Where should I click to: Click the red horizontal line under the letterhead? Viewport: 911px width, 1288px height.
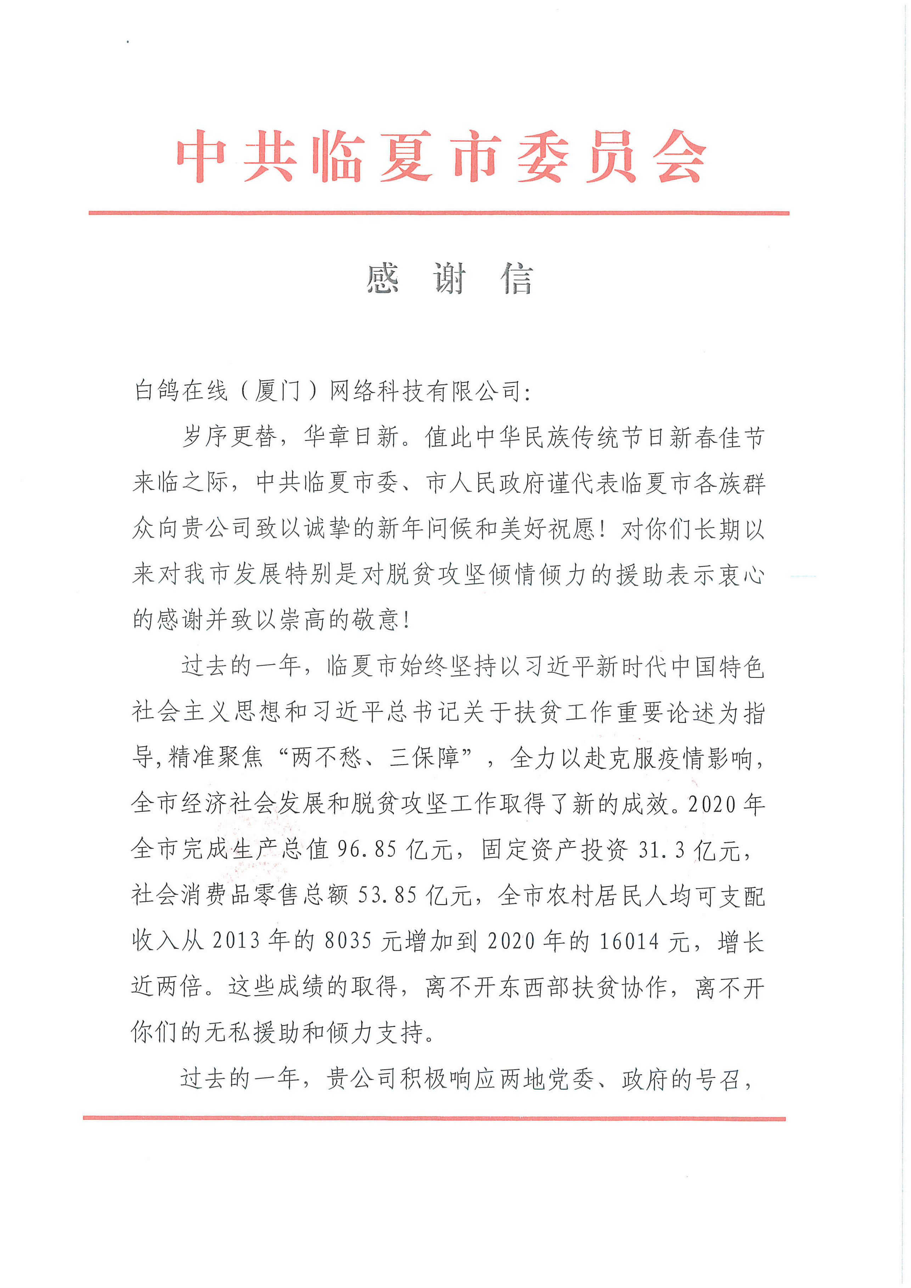[x=439, y=213]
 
